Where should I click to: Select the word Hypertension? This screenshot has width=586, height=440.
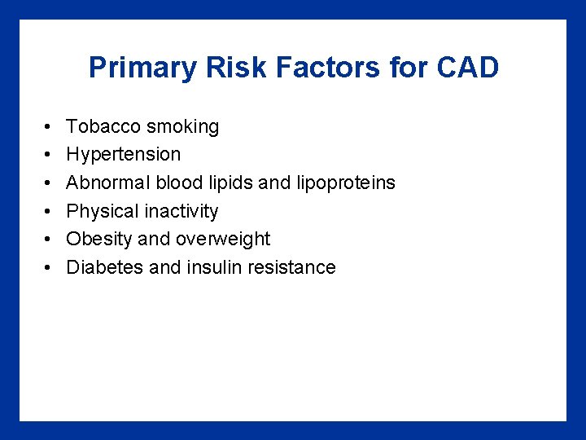pos(124,155)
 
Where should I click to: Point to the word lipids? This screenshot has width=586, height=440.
pos(232,183)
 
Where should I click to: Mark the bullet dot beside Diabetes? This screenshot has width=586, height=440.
pos(48,268)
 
